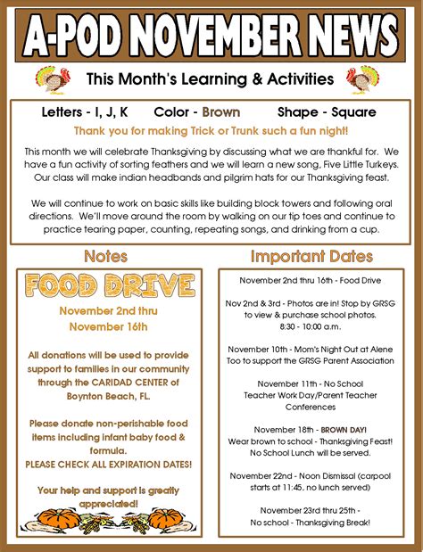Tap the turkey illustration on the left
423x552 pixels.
pos(51,79)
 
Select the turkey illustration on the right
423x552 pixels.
pos(364,79)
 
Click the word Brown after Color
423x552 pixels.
pos(221,113)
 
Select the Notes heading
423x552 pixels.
pos(105,257)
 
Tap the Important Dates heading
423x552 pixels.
pos(311,257)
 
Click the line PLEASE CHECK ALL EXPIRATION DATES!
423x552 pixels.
pos(108,465)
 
